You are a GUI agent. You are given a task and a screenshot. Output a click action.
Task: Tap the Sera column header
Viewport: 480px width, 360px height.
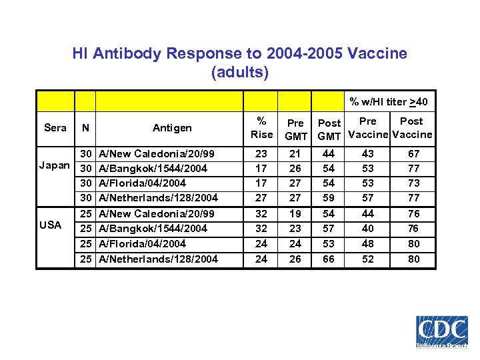55,127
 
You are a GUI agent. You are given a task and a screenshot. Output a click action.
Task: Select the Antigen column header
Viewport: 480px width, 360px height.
172,127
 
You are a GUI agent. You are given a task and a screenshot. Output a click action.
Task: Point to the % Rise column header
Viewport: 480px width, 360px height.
261,127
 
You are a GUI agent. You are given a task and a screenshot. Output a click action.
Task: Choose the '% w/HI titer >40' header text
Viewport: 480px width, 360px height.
389,101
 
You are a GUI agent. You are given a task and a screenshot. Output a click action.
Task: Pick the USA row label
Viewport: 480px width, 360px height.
51,225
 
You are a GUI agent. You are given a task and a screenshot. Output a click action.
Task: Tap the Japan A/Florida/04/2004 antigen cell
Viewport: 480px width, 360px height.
142,183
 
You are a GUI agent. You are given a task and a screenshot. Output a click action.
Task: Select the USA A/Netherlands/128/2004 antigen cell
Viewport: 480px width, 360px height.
158,259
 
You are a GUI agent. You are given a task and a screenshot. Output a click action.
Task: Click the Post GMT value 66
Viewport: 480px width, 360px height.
329,259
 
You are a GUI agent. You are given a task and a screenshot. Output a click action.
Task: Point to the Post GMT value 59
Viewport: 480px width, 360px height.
329,197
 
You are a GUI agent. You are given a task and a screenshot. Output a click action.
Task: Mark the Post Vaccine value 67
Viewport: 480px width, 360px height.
413,154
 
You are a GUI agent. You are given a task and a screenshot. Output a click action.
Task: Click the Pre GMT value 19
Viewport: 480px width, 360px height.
295,213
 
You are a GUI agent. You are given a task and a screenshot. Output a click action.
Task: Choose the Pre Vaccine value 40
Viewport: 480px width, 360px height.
367,228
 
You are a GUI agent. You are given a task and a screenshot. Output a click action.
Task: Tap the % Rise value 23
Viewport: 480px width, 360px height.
261,154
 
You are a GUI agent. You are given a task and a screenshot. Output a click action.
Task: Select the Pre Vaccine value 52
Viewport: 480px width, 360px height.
367,259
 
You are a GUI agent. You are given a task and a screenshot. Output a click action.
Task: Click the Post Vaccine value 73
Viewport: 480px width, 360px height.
413,183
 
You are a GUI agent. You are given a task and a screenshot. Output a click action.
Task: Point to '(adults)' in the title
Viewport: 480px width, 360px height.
239,72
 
